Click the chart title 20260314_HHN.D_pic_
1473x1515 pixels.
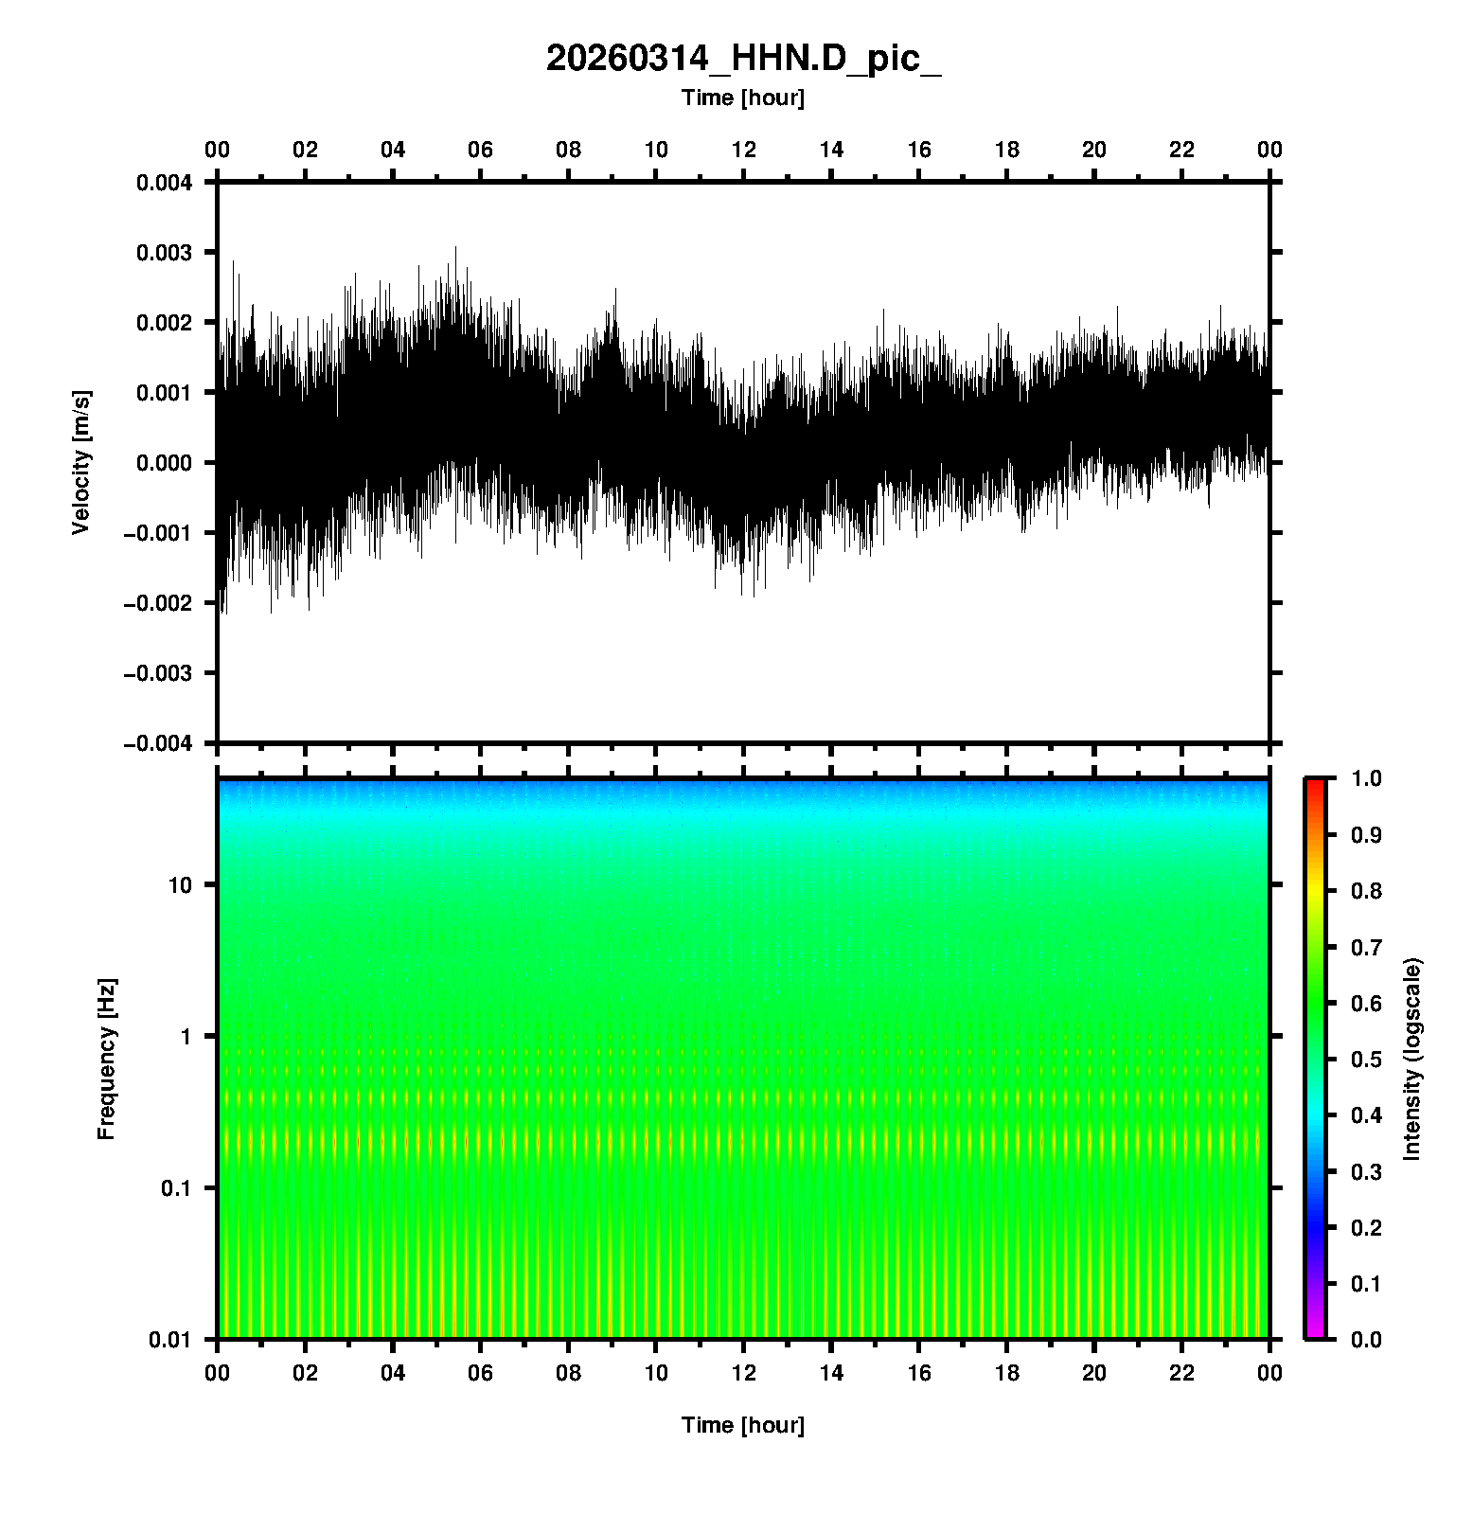pyautogui.click(x=743, y=59)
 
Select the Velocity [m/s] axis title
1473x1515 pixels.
pyautogui.click(x=81, y=462)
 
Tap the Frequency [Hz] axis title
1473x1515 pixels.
pyautogui.click(x=106, y=1060)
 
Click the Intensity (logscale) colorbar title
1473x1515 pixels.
pyautogui.click(x=1412, y=1059)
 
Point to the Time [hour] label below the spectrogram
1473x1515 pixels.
pyautogui.click(x=743, y=1425)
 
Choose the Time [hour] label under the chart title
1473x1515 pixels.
pyautogui.click(x=743, y=98)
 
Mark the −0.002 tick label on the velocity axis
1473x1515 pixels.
pyautogui.click(x=158, y=603)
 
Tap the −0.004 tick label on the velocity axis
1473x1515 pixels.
pyautogui.click(x=158, y=743)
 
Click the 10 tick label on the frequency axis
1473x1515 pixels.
pyautogui.click(x=180, y=885)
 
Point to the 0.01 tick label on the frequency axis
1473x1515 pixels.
pyautogui.click(x=170, y=1339)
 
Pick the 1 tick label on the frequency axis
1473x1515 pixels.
pyautogui.click(x=186, y=1037)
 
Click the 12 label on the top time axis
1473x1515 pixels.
pyautogui.click(x=744, y=150)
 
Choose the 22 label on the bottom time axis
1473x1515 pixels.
pyautogui.click(x=1182, y=1373)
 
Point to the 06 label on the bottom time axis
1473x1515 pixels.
pyautogui.click(x=481, y=1373)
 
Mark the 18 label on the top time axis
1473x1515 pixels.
pyautogui.click(x=1007, y=150)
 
